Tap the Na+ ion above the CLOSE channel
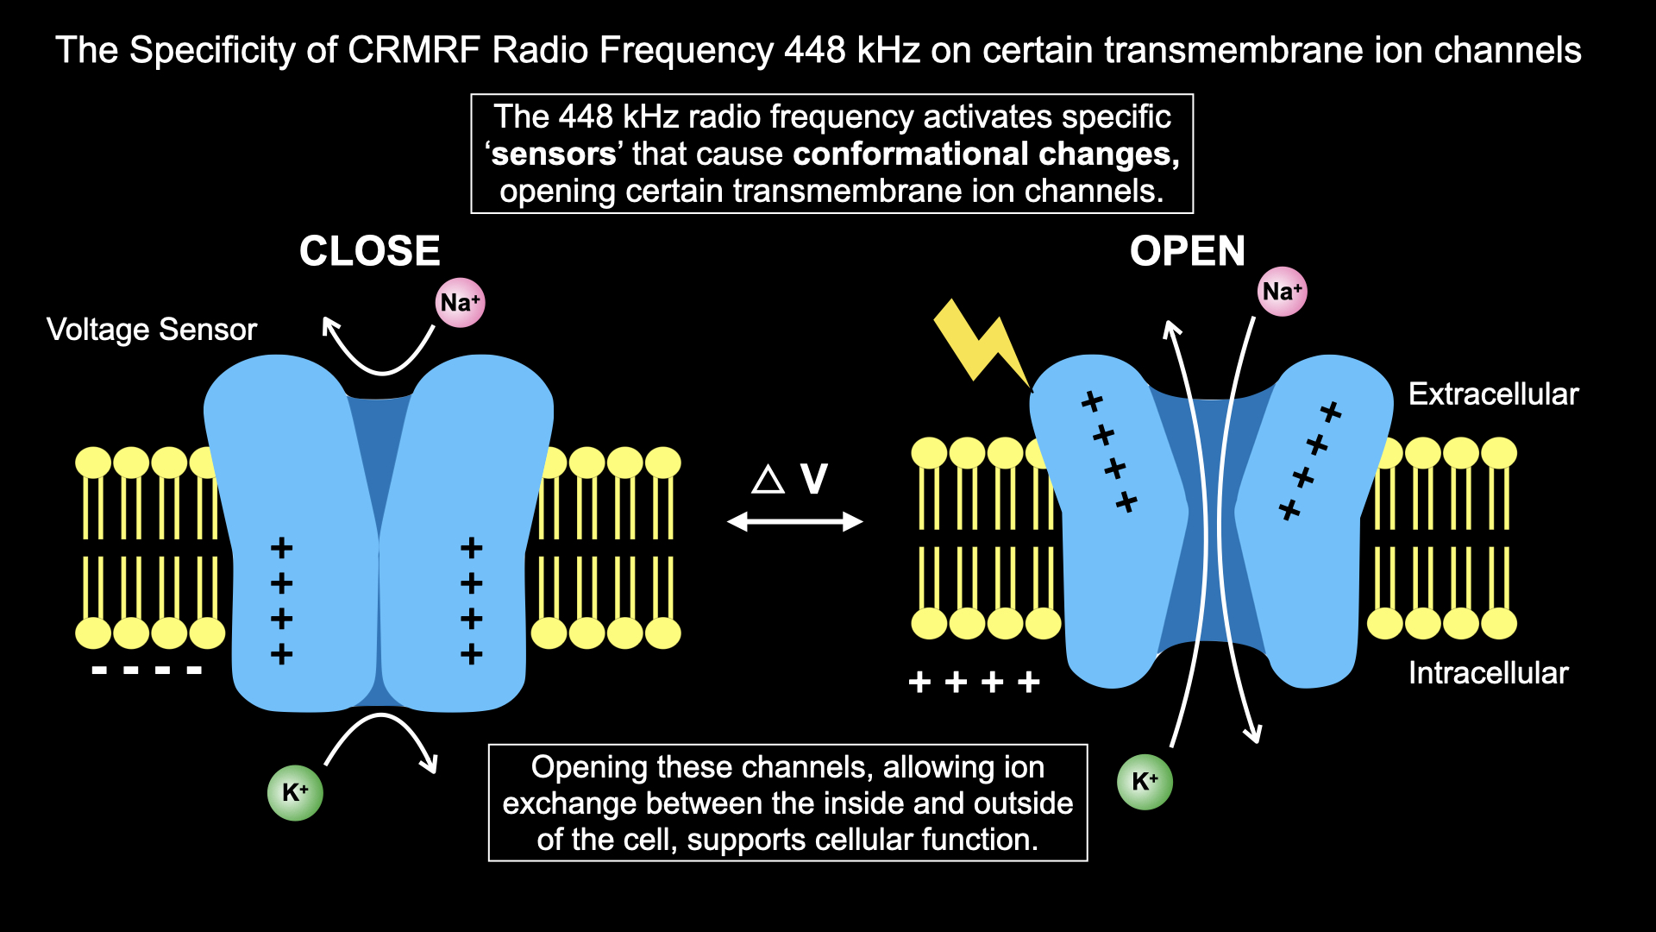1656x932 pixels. (x=460, y=303)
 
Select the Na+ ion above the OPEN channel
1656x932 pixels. (x=1282, y=292)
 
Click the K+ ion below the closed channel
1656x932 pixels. (x=295, y=792)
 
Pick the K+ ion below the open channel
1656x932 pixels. (x=1145, y=782)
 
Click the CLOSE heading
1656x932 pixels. (x=369, y=251)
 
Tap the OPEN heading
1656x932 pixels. (x=1187, y=251)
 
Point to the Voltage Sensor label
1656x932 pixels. (x=152, y=330)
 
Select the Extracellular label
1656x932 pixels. (x=1493, y=394)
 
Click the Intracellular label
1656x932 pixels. (x=1488, y=673)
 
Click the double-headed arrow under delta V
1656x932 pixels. (x=794, y=521)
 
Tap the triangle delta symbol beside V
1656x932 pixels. (x=768, y=480)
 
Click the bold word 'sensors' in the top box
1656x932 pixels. (x=553, y=154)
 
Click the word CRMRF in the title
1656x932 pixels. (x=414, y=50)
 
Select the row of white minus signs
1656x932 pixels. (x=147, y=671)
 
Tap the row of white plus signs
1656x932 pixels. (x=975, y=683)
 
